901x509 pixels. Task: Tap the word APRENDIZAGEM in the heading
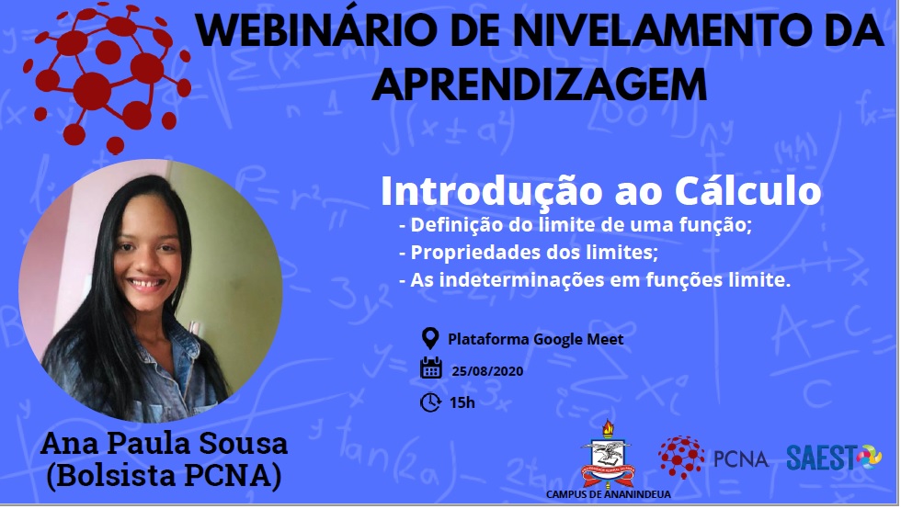click(x=540, y=85)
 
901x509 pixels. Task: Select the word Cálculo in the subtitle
click(x=747, y=190)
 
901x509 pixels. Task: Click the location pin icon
click(x=430, y=338)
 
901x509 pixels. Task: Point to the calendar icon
click(x=430, y=368)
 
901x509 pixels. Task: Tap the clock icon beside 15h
click(x=430, y=402)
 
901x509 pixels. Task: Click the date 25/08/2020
click(x=487, y=371)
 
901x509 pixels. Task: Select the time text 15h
click(x=462, y=402)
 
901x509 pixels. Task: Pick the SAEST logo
click(x=834, y=458)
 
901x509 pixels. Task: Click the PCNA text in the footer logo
click(x=741, y=459)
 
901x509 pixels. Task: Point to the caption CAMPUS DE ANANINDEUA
click(x=608, y=494)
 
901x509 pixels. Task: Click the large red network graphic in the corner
click(x=108, y=78)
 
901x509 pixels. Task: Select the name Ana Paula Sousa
click(x=164, y=444)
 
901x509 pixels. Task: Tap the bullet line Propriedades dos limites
click(x=529, y=252)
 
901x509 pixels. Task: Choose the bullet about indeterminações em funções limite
click(x=595, y=280)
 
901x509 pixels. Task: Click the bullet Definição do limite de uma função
click(x=576, y=224)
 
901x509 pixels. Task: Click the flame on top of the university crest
click(x=608, y=428)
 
